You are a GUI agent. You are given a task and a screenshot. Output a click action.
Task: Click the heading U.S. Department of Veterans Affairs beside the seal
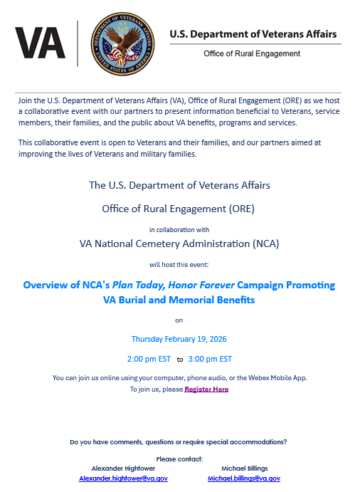[x=253, y=34]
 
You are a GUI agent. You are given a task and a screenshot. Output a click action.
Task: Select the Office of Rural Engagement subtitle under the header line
[x=252, y=54]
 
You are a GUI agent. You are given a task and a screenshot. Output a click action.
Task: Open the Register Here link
[x=206, y=389]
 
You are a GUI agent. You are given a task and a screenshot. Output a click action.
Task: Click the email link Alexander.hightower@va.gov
[x=123, y=478]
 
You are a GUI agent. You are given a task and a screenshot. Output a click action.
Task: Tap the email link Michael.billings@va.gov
[x=244, y=478]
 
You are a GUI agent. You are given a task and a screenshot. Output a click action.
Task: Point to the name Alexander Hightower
[x=123, y=469]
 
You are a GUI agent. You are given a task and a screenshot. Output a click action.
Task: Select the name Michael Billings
[x=244, y=469]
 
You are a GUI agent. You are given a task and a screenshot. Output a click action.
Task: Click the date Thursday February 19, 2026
[x=179, y=339]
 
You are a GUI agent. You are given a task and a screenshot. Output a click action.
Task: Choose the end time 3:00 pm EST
[x=210, y=358]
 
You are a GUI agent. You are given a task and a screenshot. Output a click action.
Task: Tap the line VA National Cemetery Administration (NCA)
[x=179, y=244]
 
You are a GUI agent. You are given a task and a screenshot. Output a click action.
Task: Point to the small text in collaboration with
[x=179, y=229]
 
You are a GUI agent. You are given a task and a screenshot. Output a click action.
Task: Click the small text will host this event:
[x=179, y=263]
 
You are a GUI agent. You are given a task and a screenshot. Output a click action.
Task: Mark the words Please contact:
[x=179, y=459]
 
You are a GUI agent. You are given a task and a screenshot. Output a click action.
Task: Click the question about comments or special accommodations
[x=179, y=442]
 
